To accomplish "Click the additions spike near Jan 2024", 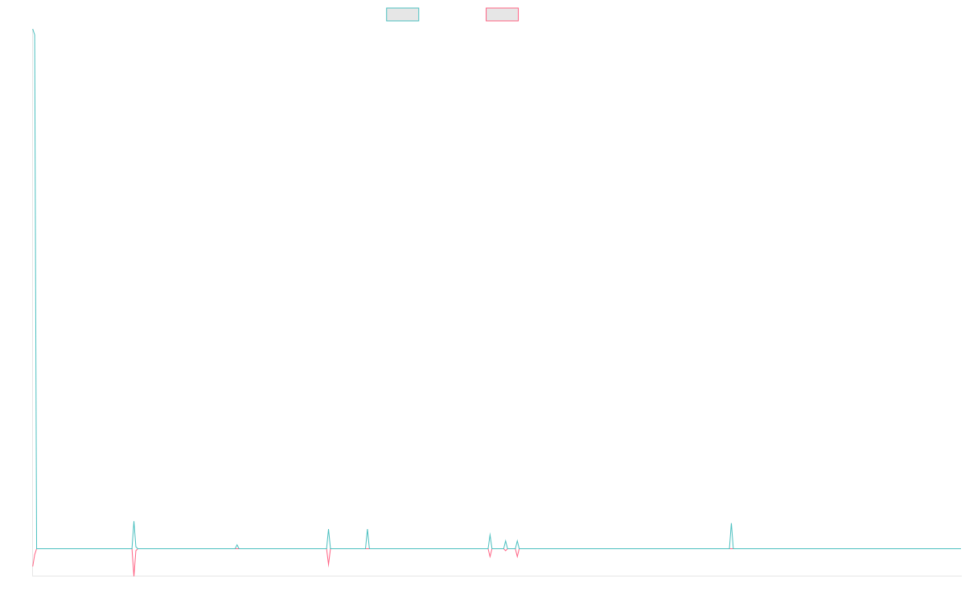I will [x=731, y=527].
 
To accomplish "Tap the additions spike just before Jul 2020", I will [x=367, y=531].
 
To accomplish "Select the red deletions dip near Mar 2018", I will [x=133, y=569].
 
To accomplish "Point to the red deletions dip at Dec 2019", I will [x=328, y=560].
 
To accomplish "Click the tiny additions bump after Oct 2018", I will [x=236, y=545].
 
